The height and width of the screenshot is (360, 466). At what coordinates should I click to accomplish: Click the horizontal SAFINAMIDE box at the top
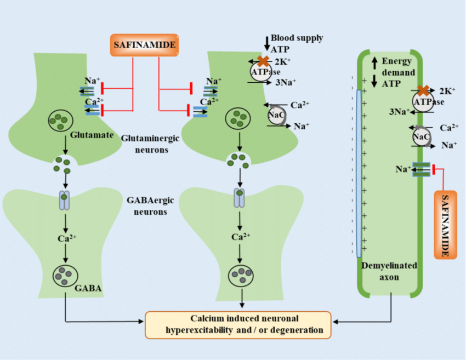(x=145, y=45)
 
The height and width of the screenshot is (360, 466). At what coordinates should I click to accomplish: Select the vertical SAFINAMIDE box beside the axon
(x=446, y=225)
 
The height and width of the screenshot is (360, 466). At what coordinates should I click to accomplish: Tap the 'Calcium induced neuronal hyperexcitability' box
(x=238, y=324)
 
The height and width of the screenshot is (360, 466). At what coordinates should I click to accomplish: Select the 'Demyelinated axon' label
(x=389, y=271)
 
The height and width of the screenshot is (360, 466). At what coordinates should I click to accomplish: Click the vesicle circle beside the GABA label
(x=65, y=273)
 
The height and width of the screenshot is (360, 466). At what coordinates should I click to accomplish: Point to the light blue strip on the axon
(x=359, y=173)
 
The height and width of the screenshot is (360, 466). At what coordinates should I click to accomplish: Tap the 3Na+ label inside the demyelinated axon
(x=399, y=111)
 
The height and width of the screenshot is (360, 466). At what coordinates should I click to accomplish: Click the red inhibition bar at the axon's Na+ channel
(x=433, y=170)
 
